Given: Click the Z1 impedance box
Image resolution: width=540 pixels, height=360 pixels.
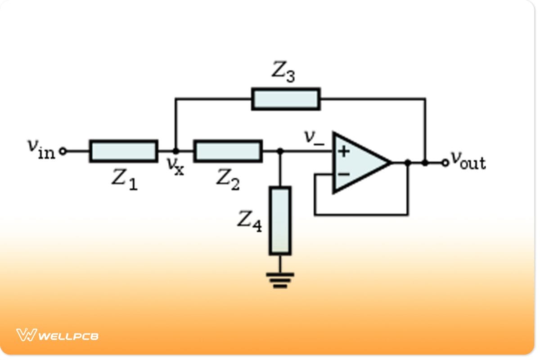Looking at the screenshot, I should point(123,151).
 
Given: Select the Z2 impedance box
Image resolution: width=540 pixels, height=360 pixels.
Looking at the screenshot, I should point(228,151).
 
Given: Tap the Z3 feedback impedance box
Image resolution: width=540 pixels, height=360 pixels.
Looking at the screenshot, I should point(286,99).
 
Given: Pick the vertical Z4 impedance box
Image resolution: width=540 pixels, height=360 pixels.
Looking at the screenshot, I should point(280,220).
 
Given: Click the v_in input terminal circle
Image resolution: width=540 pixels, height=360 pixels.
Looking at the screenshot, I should point(63,152).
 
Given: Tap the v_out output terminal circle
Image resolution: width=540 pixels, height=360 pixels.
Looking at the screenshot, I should point(445,163).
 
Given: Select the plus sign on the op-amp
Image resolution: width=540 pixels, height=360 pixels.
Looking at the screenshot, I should point(344,151).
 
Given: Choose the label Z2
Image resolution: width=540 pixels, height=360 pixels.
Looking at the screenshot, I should point(228,180).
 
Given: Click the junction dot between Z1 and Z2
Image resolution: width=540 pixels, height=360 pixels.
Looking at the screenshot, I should point(175,151).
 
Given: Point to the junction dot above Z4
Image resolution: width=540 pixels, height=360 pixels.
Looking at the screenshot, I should point(280,151).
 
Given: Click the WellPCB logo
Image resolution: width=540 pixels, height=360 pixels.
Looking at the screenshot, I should point(57,335).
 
